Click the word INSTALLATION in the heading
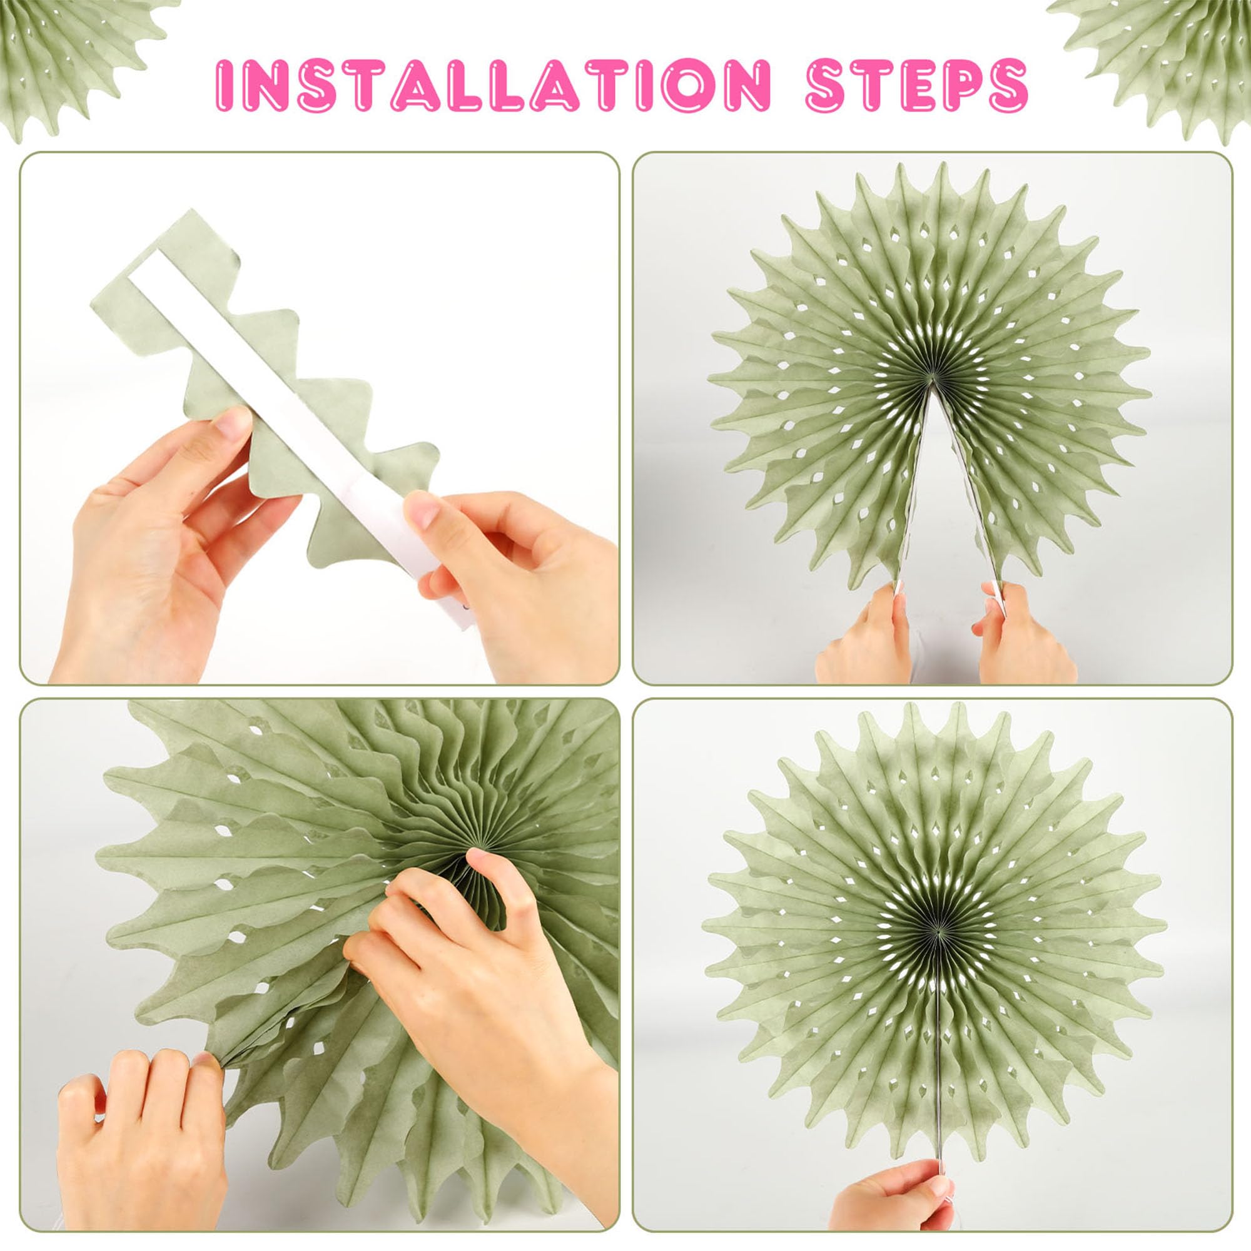pyautogui.click(x=493, y=85)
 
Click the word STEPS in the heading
pyautogui.click(x=917, y=85)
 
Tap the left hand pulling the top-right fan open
pyautogui.click(x=864, y=631)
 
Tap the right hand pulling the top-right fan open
pyautogui.click(x=1023, y=631)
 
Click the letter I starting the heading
pyautogui.click(x=223, y=86)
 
